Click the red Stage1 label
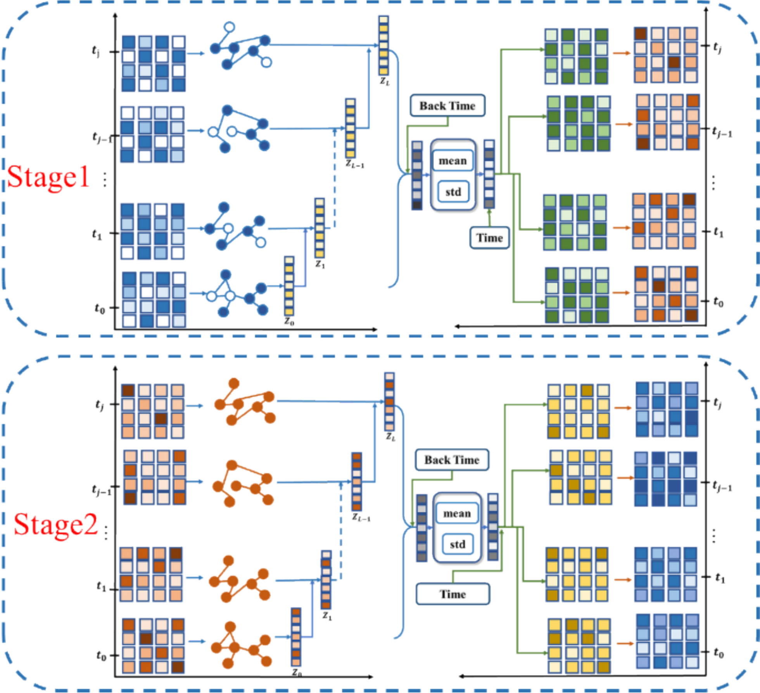tap(48, 177)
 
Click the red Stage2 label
tap(55, 524)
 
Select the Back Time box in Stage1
tap(447, 105)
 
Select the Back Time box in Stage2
tap(452, 460)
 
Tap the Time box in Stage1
tap(489, 238)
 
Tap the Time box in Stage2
tap(453, 594)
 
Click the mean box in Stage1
tap(453, 161)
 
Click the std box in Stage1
tap(453, 192)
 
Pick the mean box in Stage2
tap(457, 513)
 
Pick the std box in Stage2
tap(458, 544)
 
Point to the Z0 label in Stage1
tap(289, 321)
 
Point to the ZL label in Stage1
tap(385, 81)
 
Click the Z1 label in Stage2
tap(327, 616)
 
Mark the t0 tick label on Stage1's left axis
tap(100, 308)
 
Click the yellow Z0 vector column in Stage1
tap(289, 286)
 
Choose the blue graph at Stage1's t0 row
tap(237, 294)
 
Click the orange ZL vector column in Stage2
tap(389, 402)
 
